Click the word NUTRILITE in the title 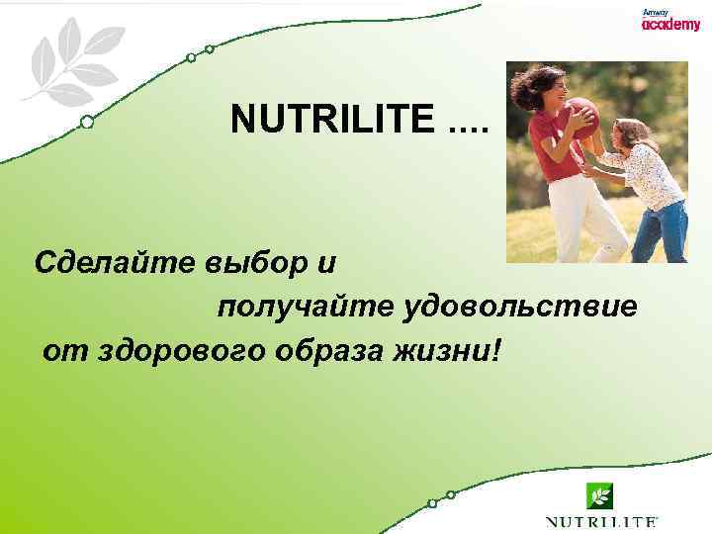point(332,121)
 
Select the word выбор point(256,263)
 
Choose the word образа point(338,349)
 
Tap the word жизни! point(456,349)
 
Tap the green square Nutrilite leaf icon point(599,494)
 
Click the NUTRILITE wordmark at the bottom point(600,520)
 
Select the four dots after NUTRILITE point(469,125)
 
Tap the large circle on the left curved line point(87,123)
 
